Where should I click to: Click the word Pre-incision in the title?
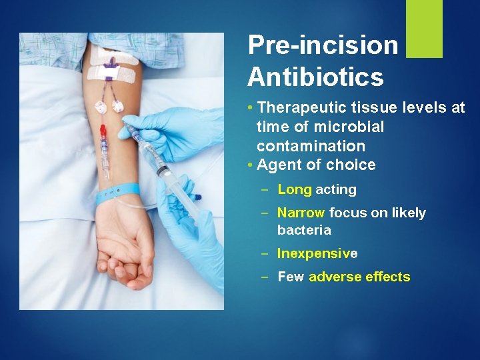point(323,45)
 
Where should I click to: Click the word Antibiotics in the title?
point(315,77)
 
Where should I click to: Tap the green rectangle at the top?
point(424,29)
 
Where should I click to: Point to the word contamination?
point(311,146)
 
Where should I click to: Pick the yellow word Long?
point(294,189)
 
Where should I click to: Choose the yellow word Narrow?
point(301,213)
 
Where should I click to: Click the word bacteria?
point(304,230)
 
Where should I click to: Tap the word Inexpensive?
point(317,254)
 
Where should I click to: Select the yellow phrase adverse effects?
point(359,277)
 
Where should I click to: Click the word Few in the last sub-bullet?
point(291,277)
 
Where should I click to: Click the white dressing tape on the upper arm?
point(113,67)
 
